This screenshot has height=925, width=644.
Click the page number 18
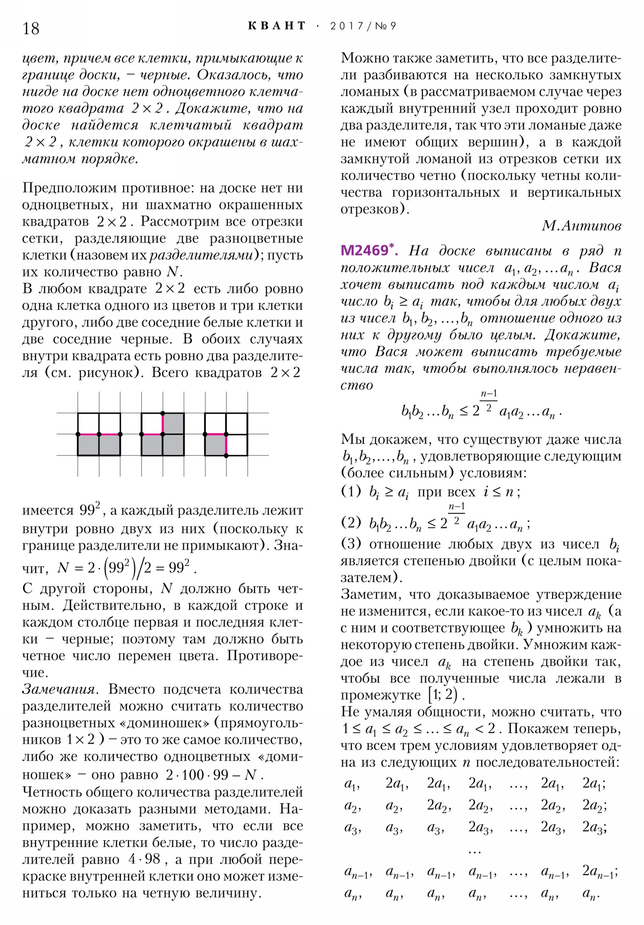31,29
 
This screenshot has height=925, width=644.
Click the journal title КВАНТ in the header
277,26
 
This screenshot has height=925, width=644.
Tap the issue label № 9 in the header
386,26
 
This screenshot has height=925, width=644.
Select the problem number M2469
364,251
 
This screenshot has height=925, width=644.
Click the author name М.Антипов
581,226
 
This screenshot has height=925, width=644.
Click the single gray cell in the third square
215,445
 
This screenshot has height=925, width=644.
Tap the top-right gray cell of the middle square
173,423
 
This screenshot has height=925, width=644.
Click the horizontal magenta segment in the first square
99,434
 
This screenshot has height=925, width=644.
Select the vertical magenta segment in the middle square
163,423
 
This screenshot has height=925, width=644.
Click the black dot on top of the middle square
163,413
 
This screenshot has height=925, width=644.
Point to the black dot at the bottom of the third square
226,456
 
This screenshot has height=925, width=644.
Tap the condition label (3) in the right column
351,544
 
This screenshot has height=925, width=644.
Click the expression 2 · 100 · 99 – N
214,774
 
